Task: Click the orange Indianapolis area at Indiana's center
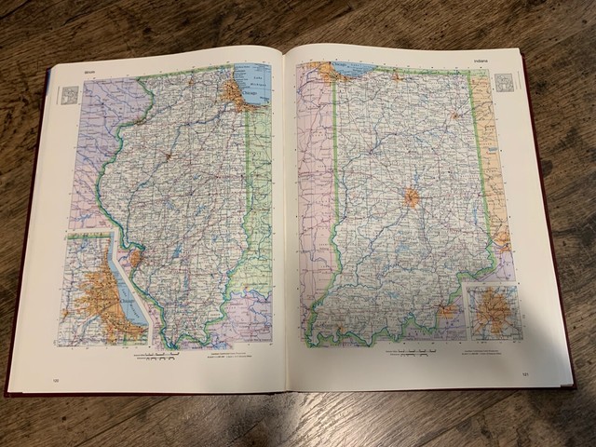pyautogui.click(x=411, y=197)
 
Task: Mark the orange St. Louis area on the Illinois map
pyautogui.click(x=136, y=257)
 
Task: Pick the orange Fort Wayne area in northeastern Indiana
pyautogui.click(x=454, y=116)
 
